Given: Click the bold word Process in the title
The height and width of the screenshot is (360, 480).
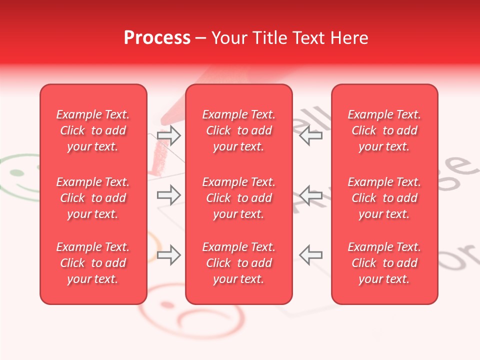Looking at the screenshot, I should coord(157,38).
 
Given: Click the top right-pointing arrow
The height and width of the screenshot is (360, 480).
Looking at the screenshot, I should coord(168,135).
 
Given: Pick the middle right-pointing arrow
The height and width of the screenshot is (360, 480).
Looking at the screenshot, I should coord(168,195).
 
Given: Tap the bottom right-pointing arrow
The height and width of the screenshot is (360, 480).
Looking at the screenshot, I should coord(168,255).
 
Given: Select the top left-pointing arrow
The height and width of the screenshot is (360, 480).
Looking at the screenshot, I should coord(311,135).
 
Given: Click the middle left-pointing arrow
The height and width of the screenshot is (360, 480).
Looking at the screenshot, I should coord(311,195).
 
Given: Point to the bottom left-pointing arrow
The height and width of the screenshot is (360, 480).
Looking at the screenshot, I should coord(311,255).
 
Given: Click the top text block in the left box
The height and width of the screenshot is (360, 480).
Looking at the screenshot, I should coord(93,130).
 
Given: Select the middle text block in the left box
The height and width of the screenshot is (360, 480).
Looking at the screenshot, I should coord(93,198).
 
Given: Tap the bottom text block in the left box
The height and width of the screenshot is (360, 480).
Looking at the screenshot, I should coord(93,263).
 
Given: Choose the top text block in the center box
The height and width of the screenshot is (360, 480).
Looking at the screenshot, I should coord(239,130).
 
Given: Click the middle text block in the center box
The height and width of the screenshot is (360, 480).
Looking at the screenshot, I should coord(239,198).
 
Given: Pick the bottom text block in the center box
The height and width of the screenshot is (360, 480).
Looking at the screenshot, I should coord(239,263).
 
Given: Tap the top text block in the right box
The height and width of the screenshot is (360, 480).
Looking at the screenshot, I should coord(384,130).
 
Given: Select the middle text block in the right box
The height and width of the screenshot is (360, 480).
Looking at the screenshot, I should coord(384,198).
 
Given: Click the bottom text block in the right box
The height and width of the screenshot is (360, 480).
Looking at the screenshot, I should coord(384,263).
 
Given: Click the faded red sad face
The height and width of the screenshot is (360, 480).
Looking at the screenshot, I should coord(190,312).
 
